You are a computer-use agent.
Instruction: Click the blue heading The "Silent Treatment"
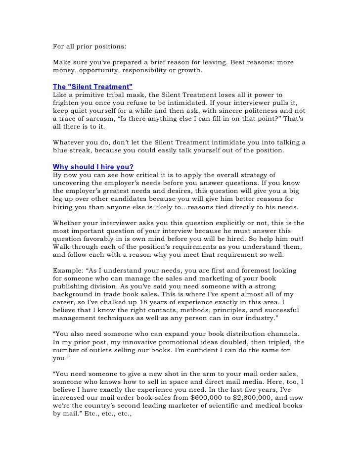pos(92,86)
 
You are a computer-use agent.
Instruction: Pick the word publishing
pos(74,287)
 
